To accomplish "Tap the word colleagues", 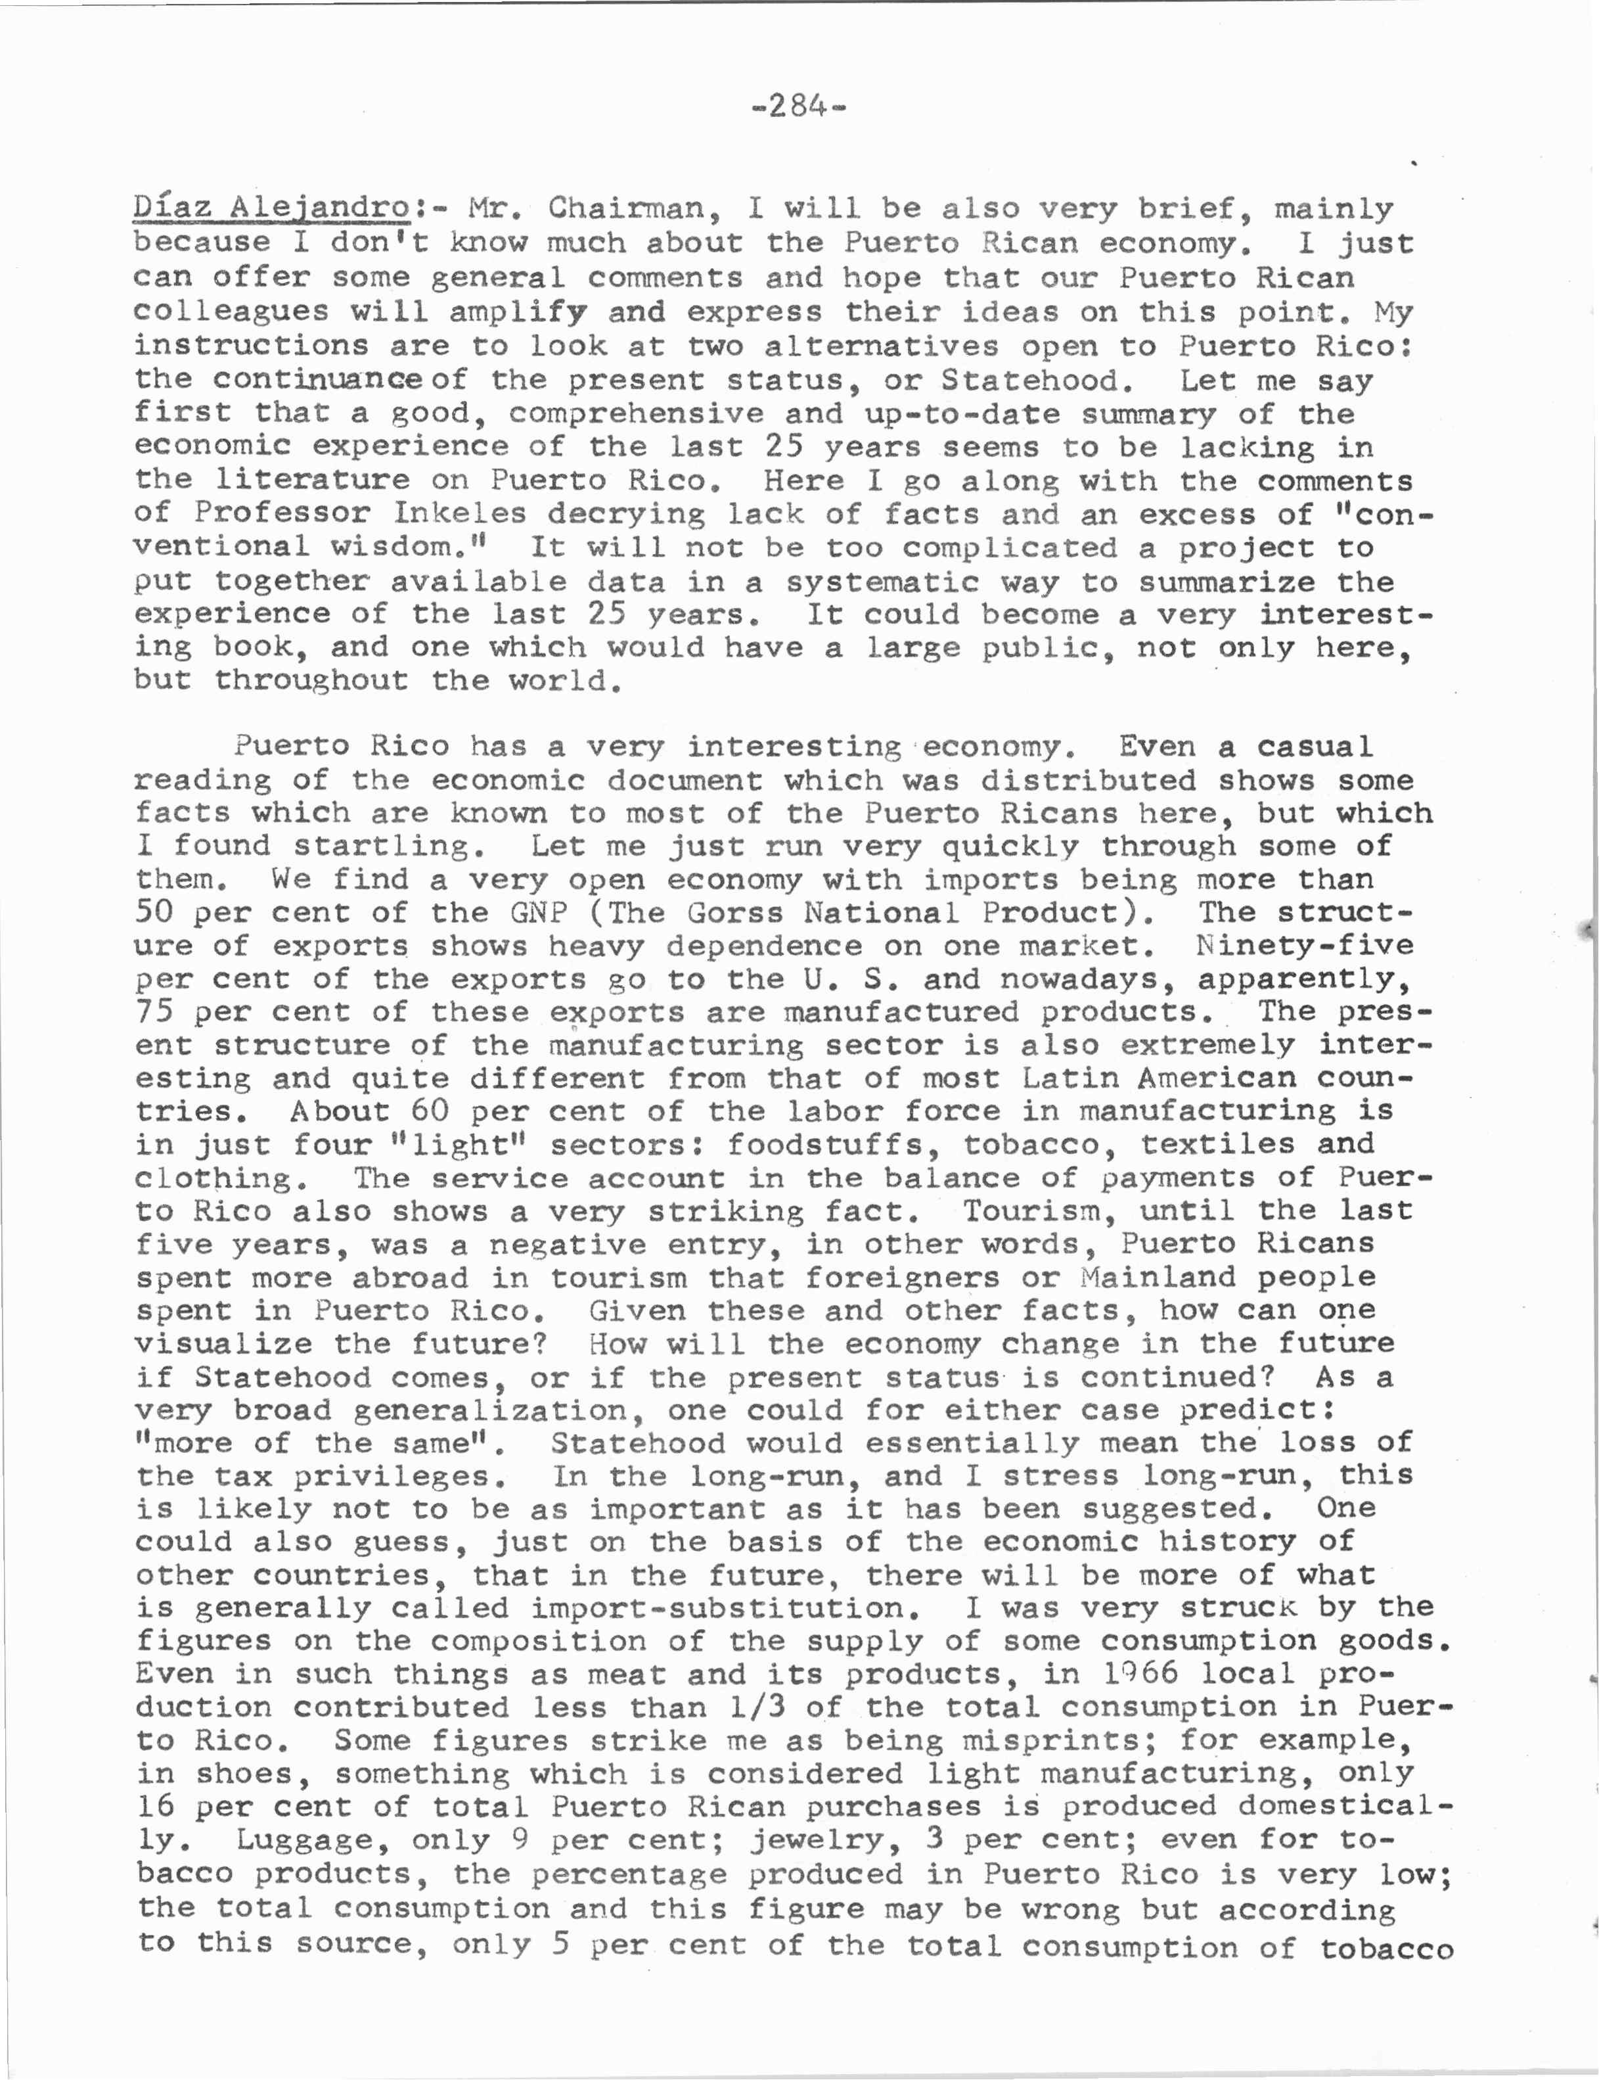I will [231, 312].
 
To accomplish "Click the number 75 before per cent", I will [154, 1013].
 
